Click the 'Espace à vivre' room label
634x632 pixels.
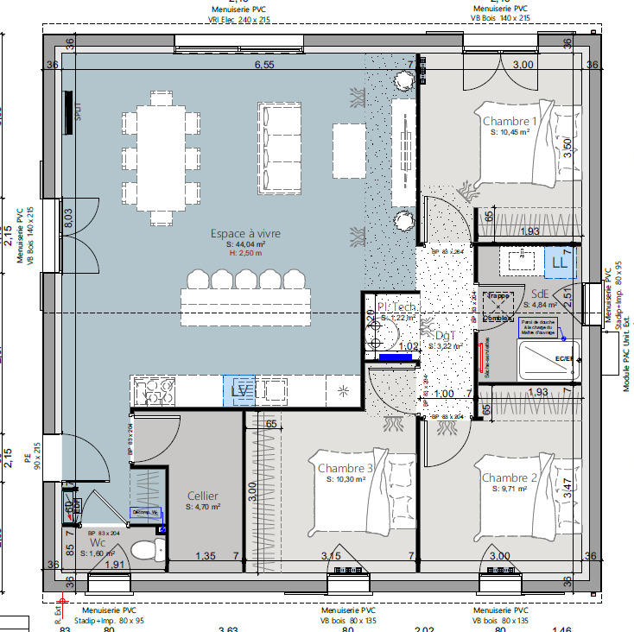pos(245,233)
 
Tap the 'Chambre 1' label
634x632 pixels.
pos(509,121)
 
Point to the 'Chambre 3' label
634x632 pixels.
pos(346,468)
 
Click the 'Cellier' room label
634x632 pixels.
pos(203,496)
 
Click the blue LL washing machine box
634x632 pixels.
pos(561,262)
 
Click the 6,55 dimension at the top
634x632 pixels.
pos(263,65)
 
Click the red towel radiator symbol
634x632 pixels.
pos(480,358)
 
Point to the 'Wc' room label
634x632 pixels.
pos(98,544)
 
